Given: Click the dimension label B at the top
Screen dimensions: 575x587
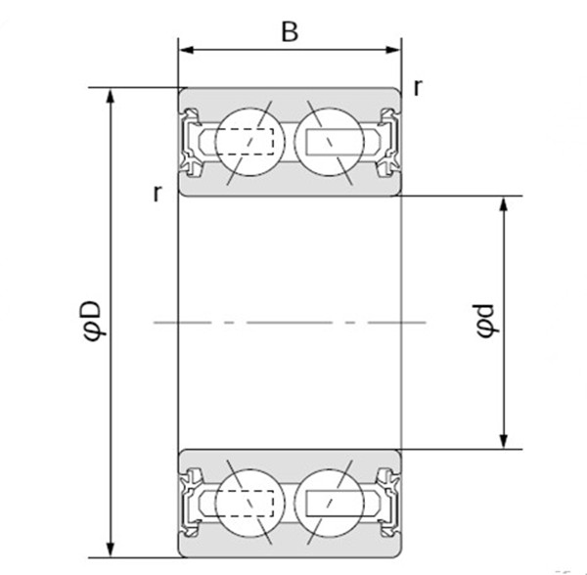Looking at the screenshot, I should pyautogui.click(x=290, y=31).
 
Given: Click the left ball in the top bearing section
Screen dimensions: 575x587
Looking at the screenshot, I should pyautogui.click(x=249, y=141).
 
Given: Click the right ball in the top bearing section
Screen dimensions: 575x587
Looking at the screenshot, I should pyautogui.click(x=329, y=141).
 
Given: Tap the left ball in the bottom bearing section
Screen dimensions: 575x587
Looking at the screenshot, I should pyautogui.click(x=249, y=502).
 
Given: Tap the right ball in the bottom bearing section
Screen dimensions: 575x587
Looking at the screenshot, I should pyautogui.click(x=329, y=502).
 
